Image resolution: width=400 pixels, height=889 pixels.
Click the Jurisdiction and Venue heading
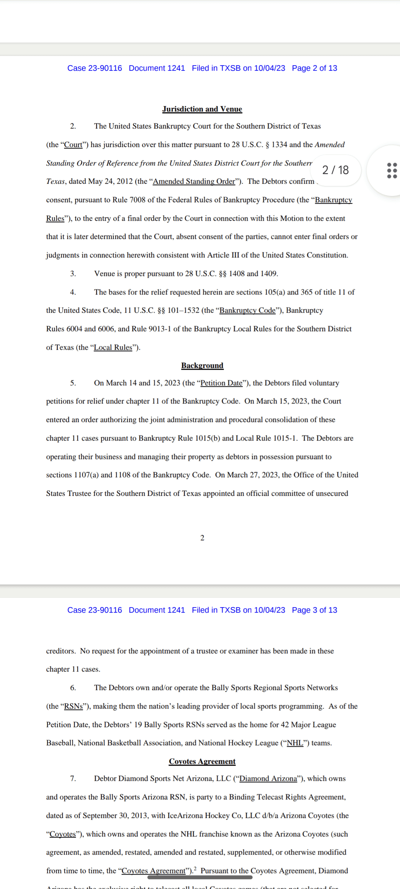tap(202, 109)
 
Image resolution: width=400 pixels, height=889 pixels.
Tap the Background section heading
tap(202, 366)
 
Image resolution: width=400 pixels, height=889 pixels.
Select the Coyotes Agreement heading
tap(202, 761)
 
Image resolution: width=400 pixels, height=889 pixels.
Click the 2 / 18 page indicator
tap(335, 170)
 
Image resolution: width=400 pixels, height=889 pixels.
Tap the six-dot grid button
tap(391, 170)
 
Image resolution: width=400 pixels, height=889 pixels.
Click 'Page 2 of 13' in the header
tap(314, 68)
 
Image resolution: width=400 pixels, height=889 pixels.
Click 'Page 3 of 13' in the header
tap(314, 610)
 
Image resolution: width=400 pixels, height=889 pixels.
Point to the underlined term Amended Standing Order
tap(194, 182)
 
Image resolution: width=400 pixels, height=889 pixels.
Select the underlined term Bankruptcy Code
tap(247, 310)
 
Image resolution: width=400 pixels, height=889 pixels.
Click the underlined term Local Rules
tap(113, 347)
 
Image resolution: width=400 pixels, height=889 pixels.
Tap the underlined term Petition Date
tap(221, 383)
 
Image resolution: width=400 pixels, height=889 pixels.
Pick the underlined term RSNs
tap(73, 706)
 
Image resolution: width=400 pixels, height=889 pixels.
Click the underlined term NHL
tap(295, 743)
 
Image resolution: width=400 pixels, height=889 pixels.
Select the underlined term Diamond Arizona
tap(268, 779)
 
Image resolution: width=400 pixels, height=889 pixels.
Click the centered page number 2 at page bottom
tap(202, 538)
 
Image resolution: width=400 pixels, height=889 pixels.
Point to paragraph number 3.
tap(73, 274)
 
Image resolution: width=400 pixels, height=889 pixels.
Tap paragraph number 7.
tap(73, 779)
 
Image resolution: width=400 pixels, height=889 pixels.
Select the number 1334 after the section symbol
tap(279, 145)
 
